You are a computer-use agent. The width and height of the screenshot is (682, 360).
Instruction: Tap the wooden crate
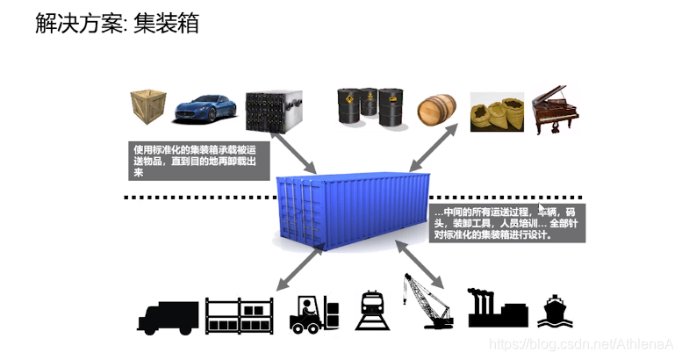tap(149, 109)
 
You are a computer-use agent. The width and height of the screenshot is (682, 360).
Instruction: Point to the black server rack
tap(273, 112)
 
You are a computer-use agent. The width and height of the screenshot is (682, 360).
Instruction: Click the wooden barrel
tap(436, 112)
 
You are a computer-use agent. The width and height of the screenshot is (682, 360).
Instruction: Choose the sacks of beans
tap(497, 114)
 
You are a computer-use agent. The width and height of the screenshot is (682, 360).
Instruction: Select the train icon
tap(374, 312)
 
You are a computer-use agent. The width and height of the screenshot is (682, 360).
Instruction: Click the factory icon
tap(497, 309)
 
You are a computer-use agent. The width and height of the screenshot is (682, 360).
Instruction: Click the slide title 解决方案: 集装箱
tap(116, 24)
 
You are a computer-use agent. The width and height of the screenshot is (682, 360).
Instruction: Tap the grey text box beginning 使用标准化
tap(196, 159)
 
